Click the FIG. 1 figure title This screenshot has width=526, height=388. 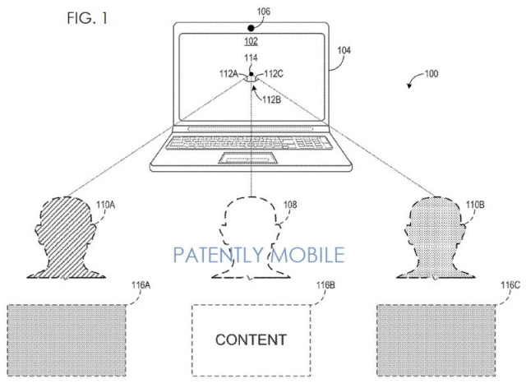(87, 18)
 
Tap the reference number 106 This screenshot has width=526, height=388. (263, 12)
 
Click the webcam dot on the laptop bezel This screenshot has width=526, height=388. (251, 28)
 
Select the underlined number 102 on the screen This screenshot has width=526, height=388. (251, 41)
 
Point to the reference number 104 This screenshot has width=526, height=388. (344, 50)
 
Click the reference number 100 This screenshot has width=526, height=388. (431, 73)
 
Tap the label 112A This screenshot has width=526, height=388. (228, 73)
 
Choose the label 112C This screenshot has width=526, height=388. (274, 73)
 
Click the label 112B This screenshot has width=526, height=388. (272, 99)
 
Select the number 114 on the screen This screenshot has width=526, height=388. (251, 58)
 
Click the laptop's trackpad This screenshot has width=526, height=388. (248, 158)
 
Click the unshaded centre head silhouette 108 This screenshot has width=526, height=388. (251, 238)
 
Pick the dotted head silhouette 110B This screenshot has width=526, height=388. (436, 238)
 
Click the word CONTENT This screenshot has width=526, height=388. (251, 340)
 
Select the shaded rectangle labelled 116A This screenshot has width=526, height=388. (67, 340)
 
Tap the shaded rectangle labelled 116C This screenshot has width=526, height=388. (436, 340)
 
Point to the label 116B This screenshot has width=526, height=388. (325, 285)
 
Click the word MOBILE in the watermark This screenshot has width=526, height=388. (307, 255)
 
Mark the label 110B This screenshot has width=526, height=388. (475, 205)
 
